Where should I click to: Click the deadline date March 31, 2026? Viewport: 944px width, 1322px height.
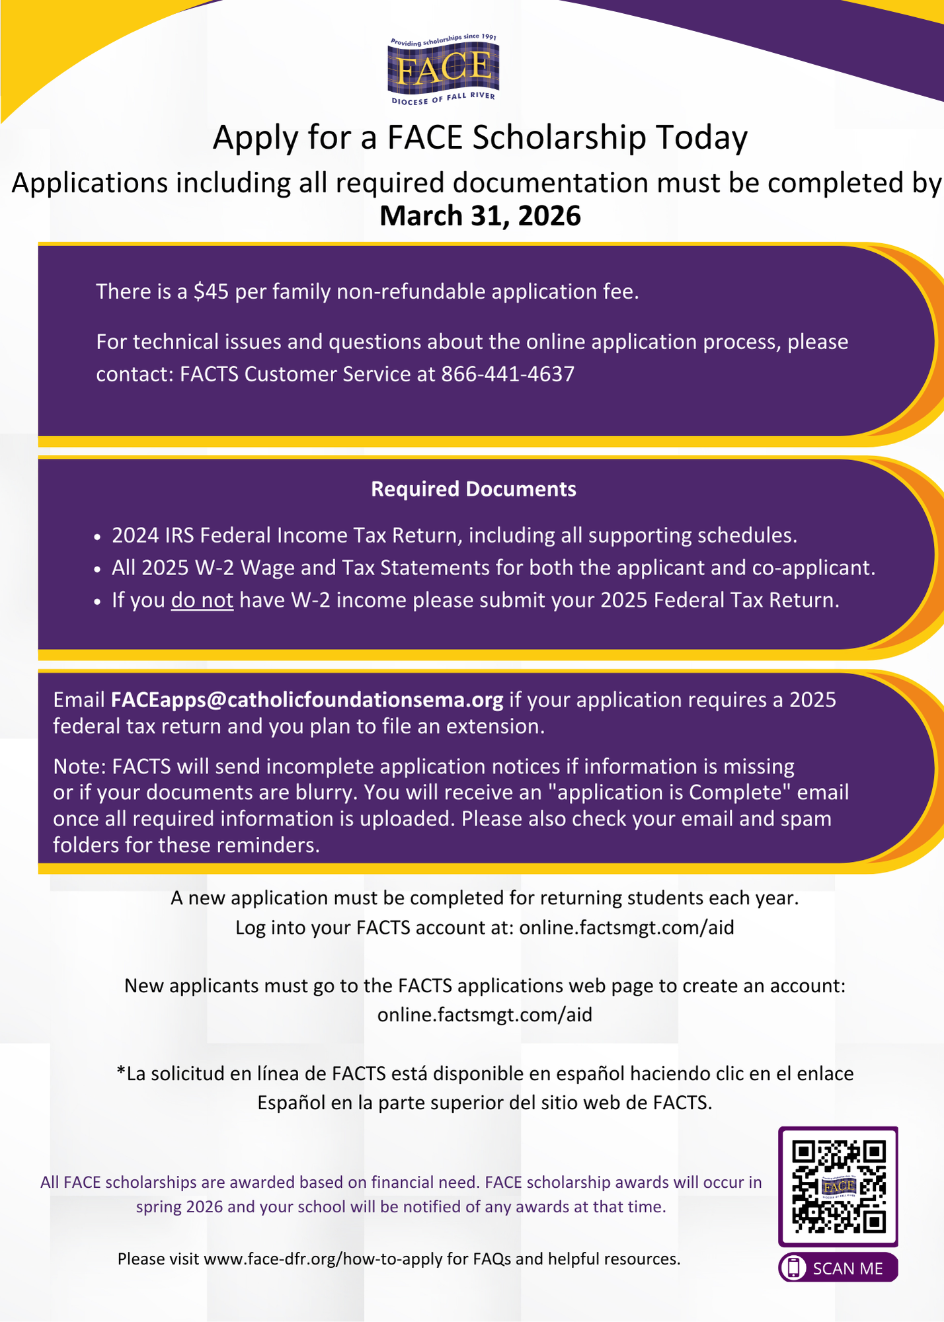point(480,216)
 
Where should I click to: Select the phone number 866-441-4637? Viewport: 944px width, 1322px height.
point(508,374)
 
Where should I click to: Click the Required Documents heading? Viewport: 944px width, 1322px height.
point(473,489)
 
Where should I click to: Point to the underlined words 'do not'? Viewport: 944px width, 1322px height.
point(202,600)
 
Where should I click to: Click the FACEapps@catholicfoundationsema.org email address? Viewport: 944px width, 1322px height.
point(307,699)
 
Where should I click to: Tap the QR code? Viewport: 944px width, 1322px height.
point(838,1186)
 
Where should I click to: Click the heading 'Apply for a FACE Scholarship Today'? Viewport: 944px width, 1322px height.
point(480,137)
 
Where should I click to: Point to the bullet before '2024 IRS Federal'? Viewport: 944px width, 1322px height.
point(98,537)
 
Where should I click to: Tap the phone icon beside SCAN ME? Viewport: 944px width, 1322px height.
point(794,1268)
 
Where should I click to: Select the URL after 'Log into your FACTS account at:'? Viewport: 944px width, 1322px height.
point(627,927)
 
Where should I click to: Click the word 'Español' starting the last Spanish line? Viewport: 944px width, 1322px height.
point(291,1103)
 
